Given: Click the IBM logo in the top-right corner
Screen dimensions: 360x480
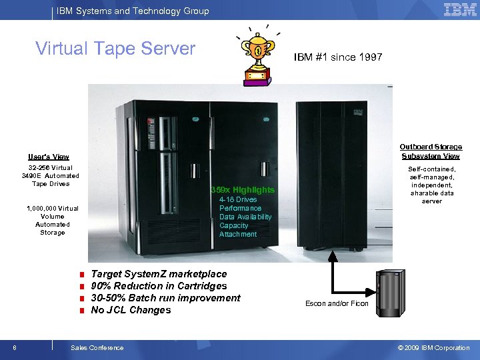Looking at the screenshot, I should pos(460,10).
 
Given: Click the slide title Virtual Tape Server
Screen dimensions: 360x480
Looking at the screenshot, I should pos(115,49).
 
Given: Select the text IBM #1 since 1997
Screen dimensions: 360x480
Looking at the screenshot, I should pos(338,57).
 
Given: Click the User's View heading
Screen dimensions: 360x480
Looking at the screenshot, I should pos(49,157).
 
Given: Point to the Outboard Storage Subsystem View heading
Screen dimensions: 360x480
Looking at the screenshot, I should pos(431,151).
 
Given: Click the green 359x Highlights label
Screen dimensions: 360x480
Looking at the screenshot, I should pos(243,190).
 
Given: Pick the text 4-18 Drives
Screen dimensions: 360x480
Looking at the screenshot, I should pos(238,199).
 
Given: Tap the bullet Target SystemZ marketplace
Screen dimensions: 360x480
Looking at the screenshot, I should pos(159,274).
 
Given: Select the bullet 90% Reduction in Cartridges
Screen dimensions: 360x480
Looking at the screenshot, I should pos(159,286).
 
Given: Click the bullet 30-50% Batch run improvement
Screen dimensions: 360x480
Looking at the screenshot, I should pos(165,298).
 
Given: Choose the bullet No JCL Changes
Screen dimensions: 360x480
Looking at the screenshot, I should pos(131,310).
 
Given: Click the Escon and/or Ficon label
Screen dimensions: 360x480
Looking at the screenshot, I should pos(337,304).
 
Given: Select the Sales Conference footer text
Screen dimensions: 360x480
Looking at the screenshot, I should pos(97,347).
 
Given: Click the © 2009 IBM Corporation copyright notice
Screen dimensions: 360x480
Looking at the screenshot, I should pos(433,347).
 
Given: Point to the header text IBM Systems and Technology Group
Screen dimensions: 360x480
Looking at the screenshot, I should pos(133,11).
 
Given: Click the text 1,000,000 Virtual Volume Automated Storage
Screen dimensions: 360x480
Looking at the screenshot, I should pos(53,221).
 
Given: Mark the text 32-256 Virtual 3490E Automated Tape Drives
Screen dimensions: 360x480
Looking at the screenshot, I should pos(51,175).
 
